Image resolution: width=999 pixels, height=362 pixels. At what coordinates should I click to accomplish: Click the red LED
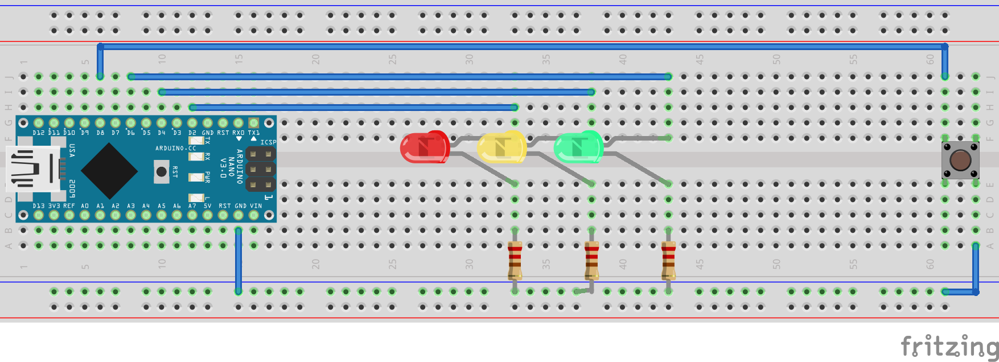(425, 147)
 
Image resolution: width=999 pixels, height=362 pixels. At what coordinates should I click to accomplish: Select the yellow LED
(501, 147)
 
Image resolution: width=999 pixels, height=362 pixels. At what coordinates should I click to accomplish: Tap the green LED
(578, 147)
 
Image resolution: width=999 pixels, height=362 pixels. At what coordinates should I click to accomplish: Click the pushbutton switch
(960, 160)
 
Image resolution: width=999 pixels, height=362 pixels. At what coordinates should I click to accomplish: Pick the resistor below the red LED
(515, 261)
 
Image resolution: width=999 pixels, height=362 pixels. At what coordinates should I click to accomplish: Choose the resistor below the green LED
(668, 261)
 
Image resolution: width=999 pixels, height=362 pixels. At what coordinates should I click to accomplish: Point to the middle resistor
(591, 261)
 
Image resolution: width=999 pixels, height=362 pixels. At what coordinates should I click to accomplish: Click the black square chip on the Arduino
(109, 170)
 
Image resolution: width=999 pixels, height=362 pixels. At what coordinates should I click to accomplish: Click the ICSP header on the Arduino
(261, 169)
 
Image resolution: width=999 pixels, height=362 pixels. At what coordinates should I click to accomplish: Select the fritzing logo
(949, 346)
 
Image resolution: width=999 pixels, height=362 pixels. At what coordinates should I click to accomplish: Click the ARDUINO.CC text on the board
(175, 149)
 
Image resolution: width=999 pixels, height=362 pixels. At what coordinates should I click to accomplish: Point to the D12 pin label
(38, 133)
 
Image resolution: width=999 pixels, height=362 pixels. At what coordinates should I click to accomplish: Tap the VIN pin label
(256, 206)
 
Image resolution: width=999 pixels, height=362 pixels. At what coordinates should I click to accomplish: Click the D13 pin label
(38, 206)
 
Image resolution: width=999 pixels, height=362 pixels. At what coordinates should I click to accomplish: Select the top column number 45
(700, 59)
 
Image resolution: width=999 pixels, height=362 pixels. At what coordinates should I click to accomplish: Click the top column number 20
(315, 59)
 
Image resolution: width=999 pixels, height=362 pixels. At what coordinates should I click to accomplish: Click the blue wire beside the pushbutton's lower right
(975, 269)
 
